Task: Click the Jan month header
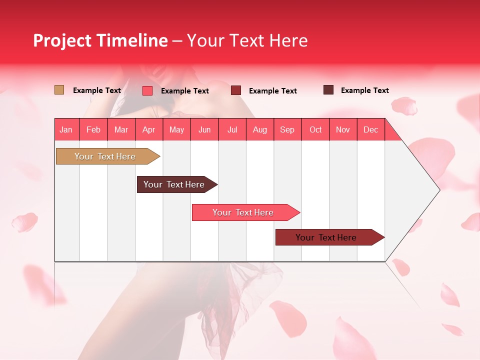click(x=66, y=129)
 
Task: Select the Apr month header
click(x=149, y=129)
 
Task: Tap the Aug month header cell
click(x=260, y=129)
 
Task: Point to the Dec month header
click(x=370, y=129)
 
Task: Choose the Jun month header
click(x=204, y=129)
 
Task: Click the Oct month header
click(x=315, y=129)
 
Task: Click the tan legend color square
click(x=59, y=90)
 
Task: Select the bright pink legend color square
click(x=147, y=90)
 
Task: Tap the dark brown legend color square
click(x=328, y=90)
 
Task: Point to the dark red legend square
click(x=236, y=90)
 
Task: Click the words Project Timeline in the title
click(x=100, y=40)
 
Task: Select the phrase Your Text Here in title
click(x=247, y=40)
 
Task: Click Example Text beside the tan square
click(x=97, y=90)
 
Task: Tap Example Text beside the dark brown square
click(x=365, y=90)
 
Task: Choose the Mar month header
click(x=121, y=129)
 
